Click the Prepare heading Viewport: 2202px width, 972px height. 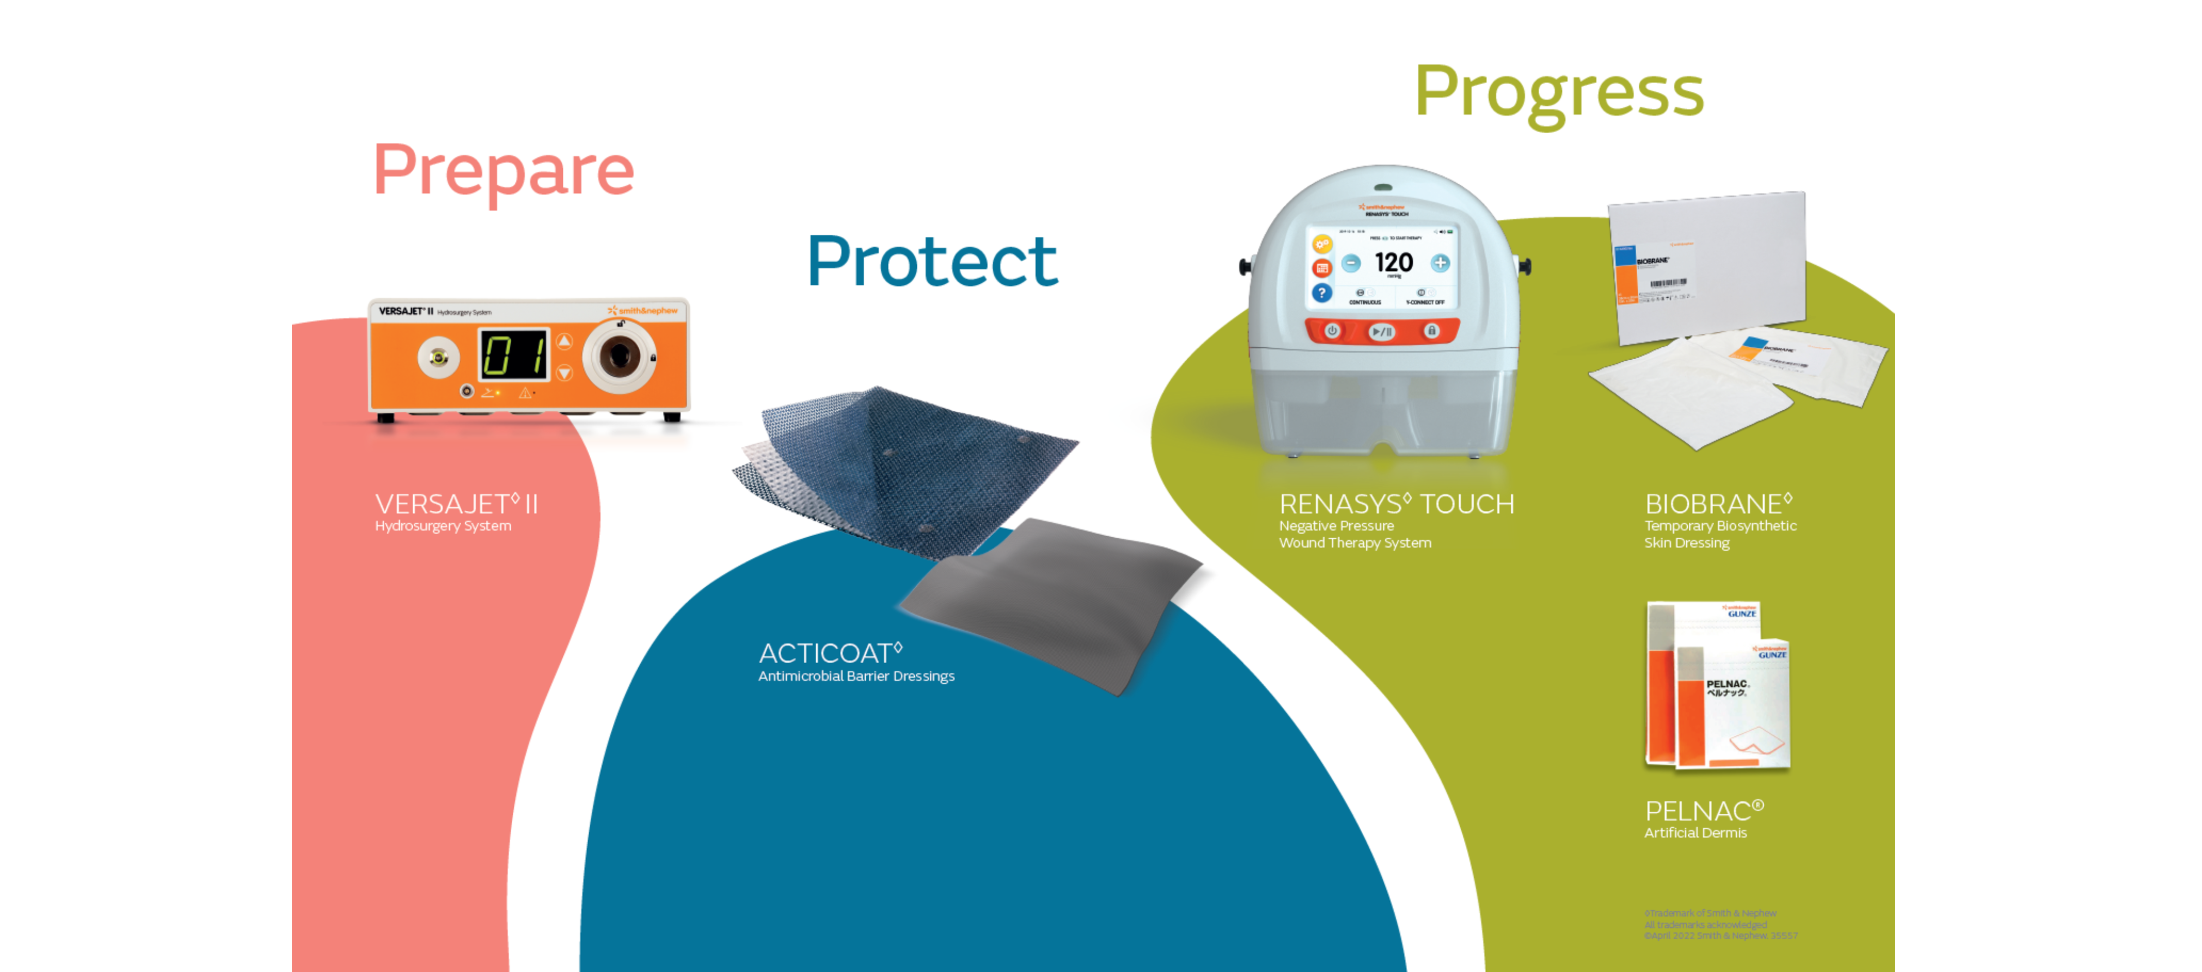pos(504,170)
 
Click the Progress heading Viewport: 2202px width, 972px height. pos(1558,92)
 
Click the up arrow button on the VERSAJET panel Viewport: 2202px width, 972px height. pos(564,342)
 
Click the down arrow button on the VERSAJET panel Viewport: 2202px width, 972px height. pos(564,373)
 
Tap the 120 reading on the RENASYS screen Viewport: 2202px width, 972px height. pos(1393,262)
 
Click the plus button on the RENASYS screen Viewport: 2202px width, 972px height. pos(1440,263)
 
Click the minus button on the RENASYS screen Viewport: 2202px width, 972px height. pos(1350,263)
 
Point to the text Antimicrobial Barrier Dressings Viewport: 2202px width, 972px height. pos(856,676)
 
